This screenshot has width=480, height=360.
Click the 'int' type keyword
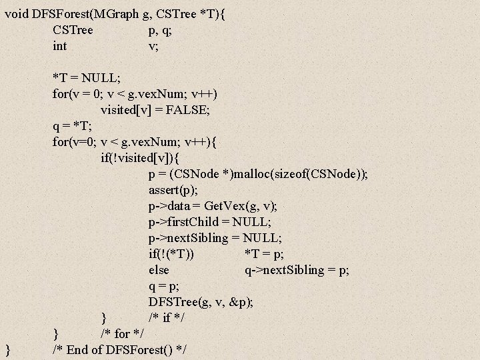tap(59, 46)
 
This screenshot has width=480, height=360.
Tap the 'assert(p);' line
tap(177, 190)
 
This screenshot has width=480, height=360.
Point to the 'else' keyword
tap(159, 270)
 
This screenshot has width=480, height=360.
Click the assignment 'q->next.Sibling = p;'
tap(297, 270)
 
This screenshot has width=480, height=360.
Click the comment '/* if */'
tap(168, 318)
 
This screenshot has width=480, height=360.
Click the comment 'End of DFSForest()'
tap(120, 350)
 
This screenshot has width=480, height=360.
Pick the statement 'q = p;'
tap(163, 286)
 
